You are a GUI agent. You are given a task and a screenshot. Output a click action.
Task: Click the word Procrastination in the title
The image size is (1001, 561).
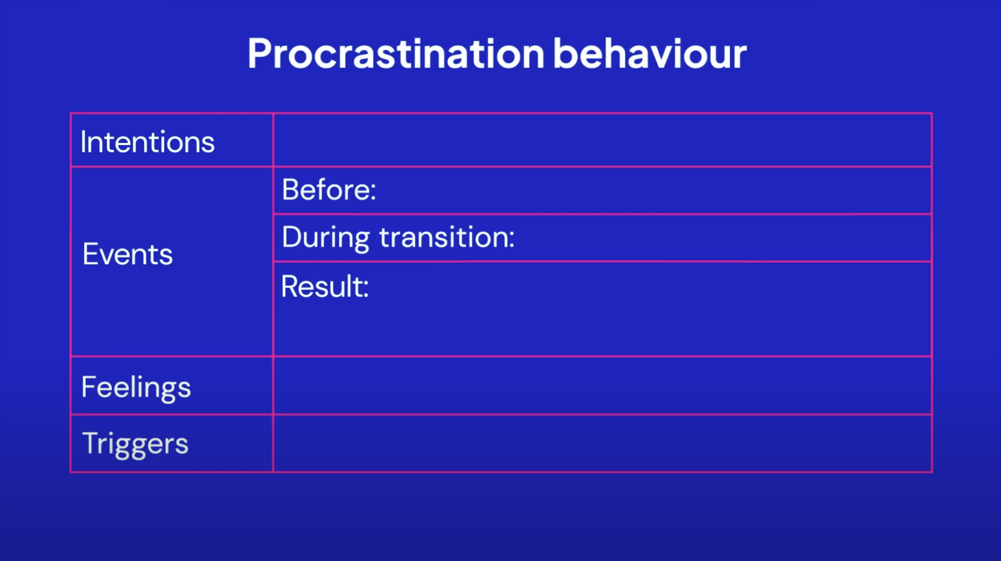pos(396,54)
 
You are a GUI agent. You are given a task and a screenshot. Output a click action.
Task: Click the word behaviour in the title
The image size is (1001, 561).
pos(650,53)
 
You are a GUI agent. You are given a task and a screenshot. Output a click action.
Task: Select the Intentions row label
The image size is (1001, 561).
pos(147,142)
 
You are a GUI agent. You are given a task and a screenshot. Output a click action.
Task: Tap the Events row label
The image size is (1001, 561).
pos(128,254)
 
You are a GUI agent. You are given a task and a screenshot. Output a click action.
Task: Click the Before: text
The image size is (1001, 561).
pos(329,189)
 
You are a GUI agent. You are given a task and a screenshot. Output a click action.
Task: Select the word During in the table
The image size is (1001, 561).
pos(326,238)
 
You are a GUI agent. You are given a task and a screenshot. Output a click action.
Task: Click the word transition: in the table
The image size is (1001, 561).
pos(447,237)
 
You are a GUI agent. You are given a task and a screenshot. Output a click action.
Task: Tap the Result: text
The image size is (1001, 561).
pos(325,287)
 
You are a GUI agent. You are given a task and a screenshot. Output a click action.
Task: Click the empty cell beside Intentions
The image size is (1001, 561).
pos(602,140)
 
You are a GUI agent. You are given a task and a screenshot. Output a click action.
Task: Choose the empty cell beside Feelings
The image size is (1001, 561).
pos(602,386)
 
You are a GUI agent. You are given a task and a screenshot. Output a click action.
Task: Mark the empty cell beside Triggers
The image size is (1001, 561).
pos(602,444)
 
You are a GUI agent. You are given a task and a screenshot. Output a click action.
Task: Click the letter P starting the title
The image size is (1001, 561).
pos(260,53)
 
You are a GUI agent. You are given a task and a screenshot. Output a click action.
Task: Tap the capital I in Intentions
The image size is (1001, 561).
pos(84,142)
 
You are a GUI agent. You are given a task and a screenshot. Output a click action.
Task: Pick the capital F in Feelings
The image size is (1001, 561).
pos(89,387)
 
